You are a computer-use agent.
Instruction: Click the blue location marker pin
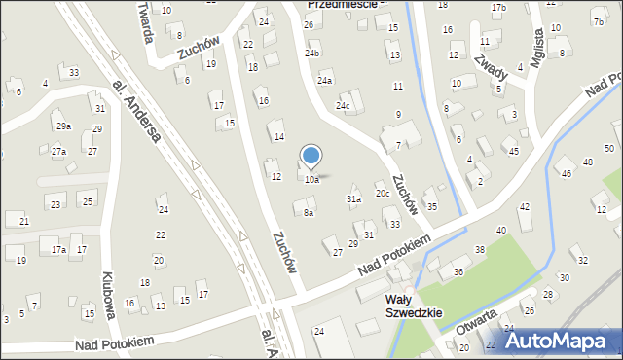coord(311,156)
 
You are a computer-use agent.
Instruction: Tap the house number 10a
coord(311,180)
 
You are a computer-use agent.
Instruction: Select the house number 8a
coord(309,212)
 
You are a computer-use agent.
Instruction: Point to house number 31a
coord(354,198)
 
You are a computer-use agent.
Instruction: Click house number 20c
coord(383,193)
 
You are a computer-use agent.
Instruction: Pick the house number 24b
coord(311,54)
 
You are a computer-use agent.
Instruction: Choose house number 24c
coord(343,105)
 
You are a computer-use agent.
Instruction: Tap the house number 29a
coord(63,126)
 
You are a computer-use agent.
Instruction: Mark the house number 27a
coord(58,152)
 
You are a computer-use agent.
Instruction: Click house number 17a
coord(58,250)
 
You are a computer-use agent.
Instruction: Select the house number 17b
coord(498,8)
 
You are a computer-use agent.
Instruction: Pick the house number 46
coord(567,174)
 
